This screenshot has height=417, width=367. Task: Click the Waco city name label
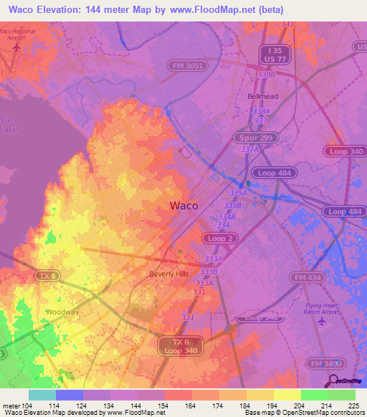click(x=183, y=206)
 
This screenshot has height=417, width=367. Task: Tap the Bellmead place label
click(x=262, y=95)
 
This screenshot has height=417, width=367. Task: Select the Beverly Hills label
click(x=170, y=274)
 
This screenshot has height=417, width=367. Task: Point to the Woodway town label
click(x=61, y=312)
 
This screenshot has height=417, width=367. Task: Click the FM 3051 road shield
click(x=189, y=64)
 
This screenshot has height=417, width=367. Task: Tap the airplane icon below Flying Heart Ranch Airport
click(x=321, y=320)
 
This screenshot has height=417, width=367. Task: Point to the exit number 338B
click(x=266, y=75)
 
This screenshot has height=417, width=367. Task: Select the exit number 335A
click(x=237, y=193)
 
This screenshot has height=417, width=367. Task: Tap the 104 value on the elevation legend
click(x=29, y=406)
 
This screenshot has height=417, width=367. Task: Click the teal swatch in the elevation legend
click(x=42, y=395)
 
